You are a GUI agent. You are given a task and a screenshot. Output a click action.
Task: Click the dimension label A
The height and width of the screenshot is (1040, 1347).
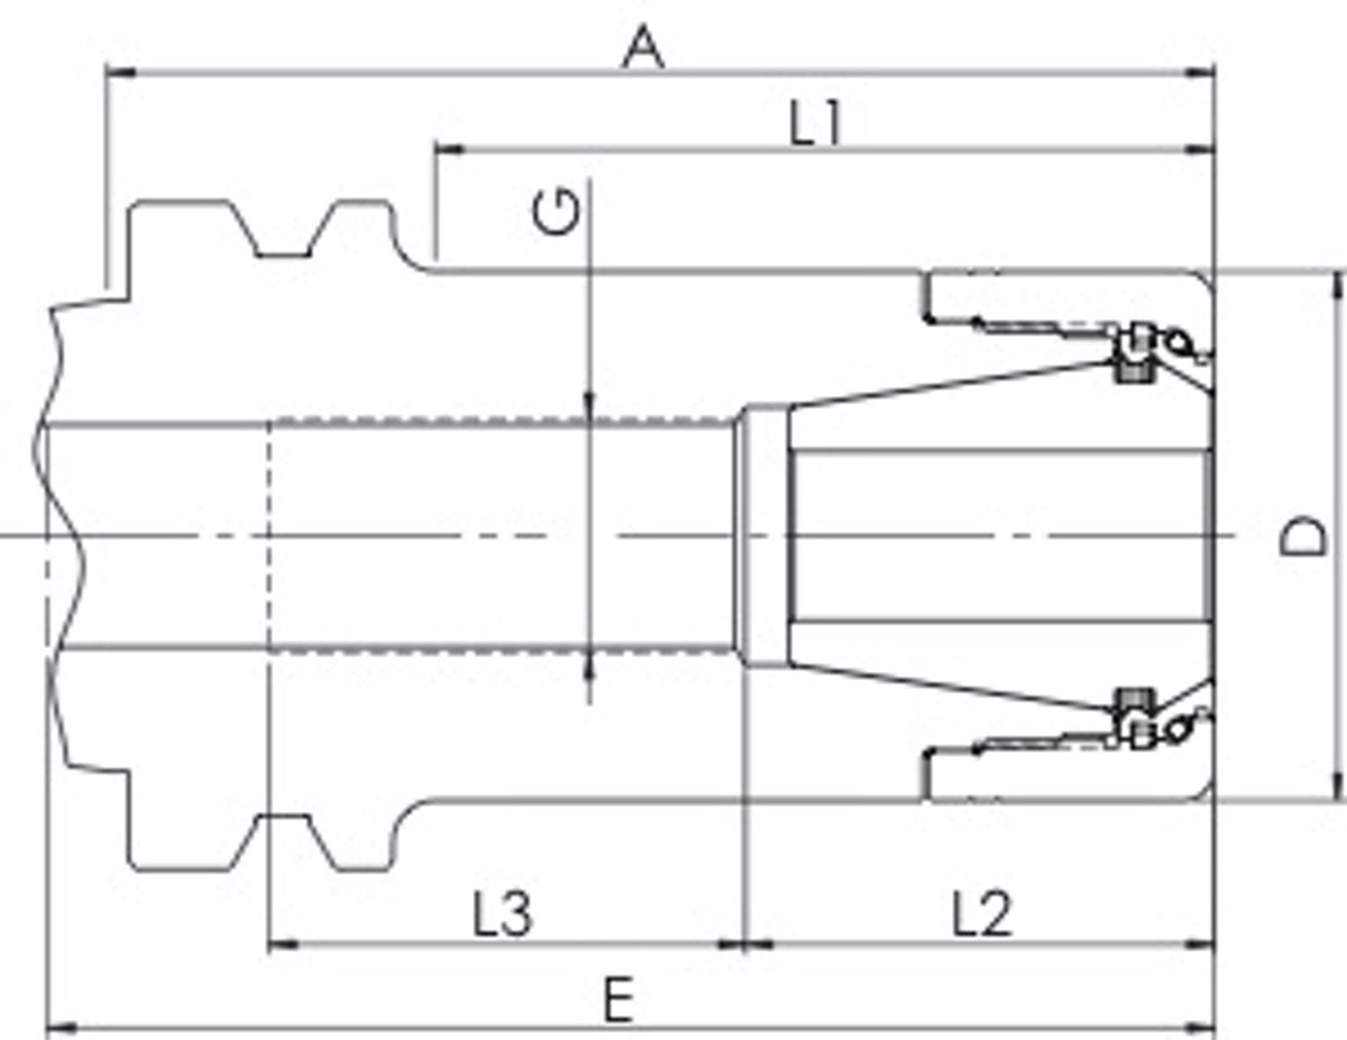point(644,47)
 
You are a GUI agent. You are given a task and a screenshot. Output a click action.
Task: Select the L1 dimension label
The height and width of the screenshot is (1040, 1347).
point(815,123)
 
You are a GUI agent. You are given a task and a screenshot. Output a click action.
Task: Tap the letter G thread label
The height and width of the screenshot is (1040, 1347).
point(557,213)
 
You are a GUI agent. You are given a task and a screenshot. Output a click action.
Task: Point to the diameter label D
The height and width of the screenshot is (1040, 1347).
point(1304,535)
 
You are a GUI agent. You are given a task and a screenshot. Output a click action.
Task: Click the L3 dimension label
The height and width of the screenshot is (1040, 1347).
point(502,913)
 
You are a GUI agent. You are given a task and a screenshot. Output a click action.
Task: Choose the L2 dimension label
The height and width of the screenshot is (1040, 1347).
point(982,913)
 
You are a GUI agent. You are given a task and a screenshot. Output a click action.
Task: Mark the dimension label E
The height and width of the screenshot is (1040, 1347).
point(619,999)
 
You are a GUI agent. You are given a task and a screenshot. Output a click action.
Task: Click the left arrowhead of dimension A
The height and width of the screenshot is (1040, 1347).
point(120,74)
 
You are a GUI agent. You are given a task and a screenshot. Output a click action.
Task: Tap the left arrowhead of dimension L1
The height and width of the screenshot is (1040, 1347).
point(449,150)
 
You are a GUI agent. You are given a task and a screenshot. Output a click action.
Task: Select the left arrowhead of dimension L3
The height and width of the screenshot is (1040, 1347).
point(283,945)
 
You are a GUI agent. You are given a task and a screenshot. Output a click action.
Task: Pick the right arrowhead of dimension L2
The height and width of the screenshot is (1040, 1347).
point(1199,945)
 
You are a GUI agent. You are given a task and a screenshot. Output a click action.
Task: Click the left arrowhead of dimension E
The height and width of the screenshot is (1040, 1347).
point(62,1029)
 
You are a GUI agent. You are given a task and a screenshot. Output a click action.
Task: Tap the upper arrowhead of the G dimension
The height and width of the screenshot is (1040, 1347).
point(589,407)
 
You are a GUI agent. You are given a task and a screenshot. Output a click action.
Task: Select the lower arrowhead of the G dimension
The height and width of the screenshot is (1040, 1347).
point(589,665)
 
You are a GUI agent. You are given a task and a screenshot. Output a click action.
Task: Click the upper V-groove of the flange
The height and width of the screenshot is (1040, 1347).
point(283,229)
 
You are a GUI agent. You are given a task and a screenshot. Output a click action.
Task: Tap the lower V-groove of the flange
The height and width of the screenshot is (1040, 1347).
point(283,842)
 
